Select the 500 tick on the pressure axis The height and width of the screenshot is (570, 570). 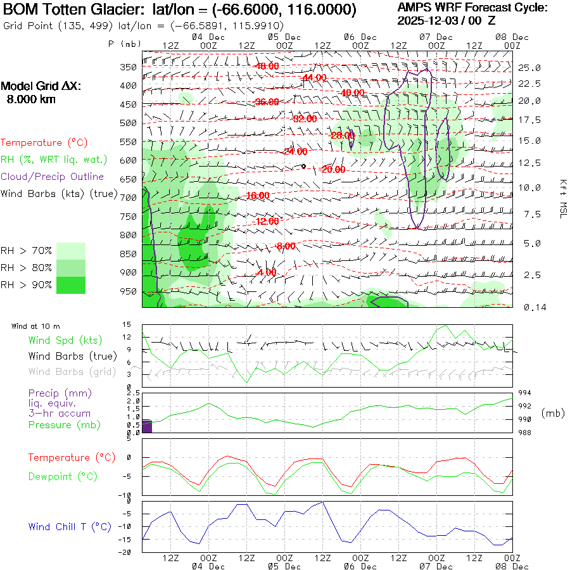click(x=129, y=123)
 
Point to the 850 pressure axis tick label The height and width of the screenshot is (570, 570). click(x=129, y=254)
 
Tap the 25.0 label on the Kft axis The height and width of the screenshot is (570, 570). click(x=529, y=68)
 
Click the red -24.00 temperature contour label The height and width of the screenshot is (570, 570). click(x=295, y=151)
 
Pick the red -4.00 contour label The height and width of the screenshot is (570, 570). click(x=267, y=272)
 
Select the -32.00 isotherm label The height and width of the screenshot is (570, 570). click(x=305, y=118)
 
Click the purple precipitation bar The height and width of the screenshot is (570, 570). click(x=146, y=426)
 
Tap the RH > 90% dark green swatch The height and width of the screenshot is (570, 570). click(x=71, y=285)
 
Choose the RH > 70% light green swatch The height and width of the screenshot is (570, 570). click(x=71, y=251)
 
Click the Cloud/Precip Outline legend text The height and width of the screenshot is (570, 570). click(x=52, y=177)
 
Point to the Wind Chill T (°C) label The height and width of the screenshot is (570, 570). click(x=70, y=527)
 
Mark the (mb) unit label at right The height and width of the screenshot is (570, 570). click(x=553, y=413)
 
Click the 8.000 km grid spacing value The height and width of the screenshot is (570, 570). click(x=31, y=99)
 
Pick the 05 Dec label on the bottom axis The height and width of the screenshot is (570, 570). click(x=279, y=566)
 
